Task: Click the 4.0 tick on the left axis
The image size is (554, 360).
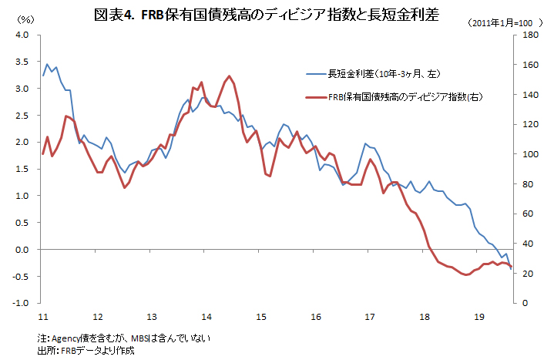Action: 22,35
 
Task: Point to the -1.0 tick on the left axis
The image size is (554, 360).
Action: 21,303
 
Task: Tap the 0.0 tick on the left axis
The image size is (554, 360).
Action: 22,250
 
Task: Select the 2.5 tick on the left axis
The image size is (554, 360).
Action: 22,116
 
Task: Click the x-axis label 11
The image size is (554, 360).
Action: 43,317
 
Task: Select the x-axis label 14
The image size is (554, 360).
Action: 206,317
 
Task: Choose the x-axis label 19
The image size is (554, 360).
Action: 478,317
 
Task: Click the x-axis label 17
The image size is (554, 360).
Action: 369,317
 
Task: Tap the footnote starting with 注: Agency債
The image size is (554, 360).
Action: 123,338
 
